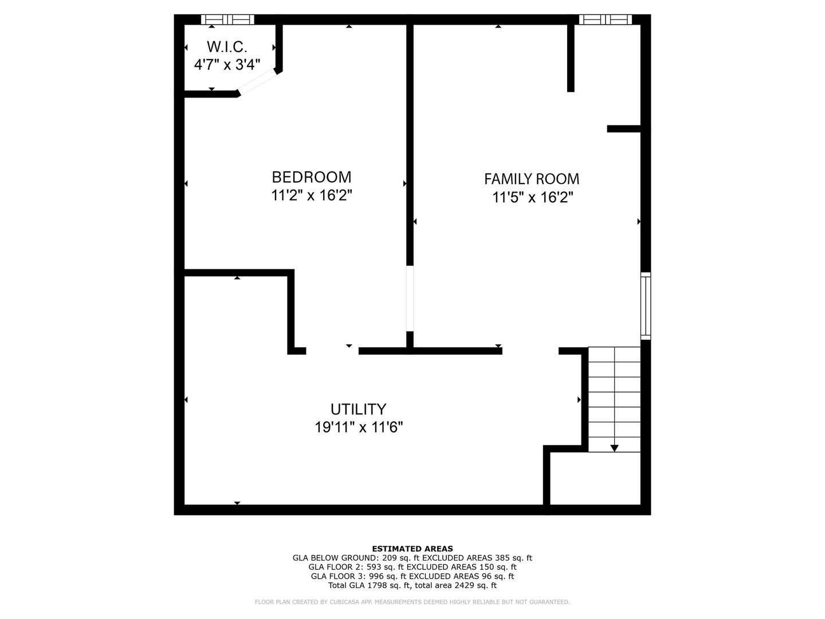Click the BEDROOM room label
tap(311, 177)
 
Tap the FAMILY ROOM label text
tap(532, 179)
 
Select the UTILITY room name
tap(358, 409)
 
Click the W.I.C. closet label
tap(227, 46)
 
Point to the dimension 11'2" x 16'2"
tap(311, 195)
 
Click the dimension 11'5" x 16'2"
tap(533, 198)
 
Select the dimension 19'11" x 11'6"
tap(359, 428)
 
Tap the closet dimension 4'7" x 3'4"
tap(227, 64)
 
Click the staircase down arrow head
tap(614, 448)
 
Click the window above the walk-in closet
tap(227, 19)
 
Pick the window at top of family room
tap(605, 19)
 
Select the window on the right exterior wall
tap(646, 305)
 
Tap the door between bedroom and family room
tap(410, 299)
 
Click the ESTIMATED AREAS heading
tap(412, 549)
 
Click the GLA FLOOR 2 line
tap(412, 567)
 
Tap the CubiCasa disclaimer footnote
tap(412, 602)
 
